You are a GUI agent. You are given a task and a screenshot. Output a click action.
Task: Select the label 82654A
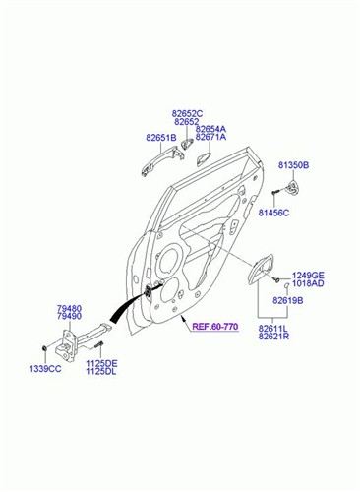[210, 129]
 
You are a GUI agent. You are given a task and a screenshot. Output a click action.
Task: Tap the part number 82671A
[210, 138]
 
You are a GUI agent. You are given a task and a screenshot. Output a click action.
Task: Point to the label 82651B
[160, 138]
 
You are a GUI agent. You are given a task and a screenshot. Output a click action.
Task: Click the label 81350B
[292, 166]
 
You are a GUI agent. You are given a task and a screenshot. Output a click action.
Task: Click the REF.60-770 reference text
[216, 327]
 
